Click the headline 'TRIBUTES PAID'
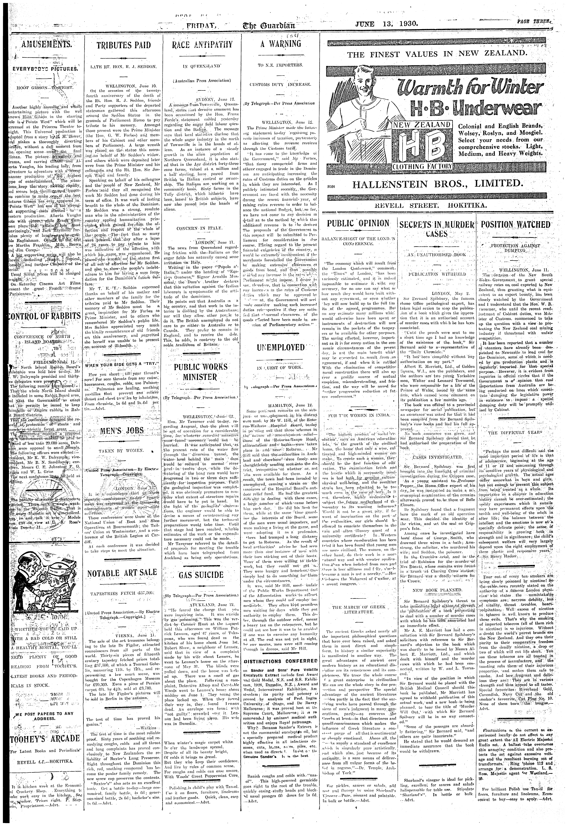tap(124, 45)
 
